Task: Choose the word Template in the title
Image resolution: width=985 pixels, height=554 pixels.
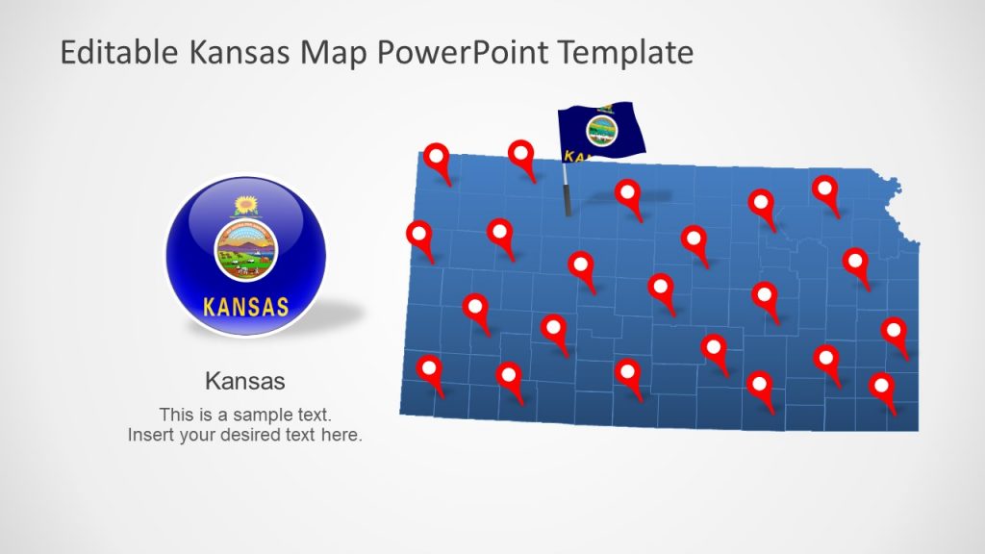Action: click(631, 53)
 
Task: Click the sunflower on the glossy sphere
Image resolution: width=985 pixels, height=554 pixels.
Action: click(246, 205)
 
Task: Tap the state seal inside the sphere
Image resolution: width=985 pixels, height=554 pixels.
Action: click(245, 249)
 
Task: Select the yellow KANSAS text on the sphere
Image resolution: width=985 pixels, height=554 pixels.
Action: click(246, 308)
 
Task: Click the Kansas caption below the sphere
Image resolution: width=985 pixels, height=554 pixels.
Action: click(245, 381)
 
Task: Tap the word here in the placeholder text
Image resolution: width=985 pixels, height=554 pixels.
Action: click(343, 435)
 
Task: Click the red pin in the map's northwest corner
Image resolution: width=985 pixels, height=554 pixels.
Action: click(438, 158)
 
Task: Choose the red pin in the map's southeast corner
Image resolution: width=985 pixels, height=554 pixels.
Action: click(882, 388)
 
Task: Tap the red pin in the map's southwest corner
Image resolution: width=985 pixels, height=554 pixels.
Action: click(429, 369)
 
